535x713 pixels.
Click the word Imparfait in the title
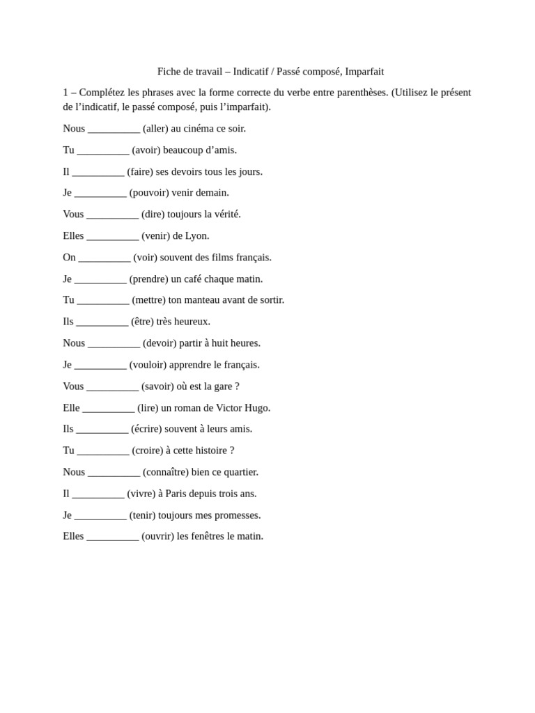point(364,72)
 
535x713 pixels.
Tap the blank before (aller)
point(114,129)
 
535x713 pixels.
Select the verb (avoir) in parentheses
point(146,150)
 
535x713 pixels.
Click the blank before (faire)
point(98,172)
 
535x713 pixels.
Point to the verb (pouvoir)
point(149,193)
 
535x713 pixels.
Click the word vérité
point(224,214)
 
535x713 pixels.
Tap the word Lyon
point(197,236)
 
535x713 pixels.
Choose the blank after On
point(104,258)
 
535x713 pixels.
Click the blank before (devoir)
point(114,343)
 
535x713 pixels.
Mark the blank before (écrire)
point(102,429)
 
